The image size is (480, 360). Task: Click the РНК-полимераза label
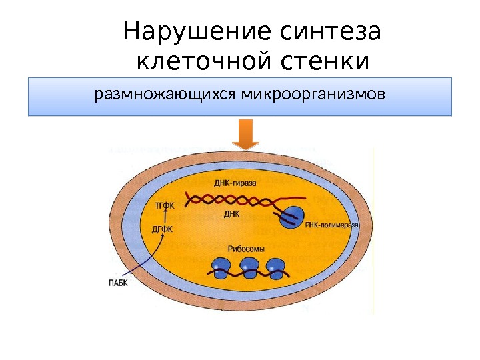point(332,226)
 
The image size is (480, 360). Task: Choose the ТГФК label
point(164,205)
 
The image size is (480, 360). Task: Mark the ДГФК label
point(163,230)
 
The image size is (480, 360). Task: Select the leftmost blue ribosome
point(221,267)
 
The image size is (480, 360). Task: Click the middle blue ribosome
point(248,267)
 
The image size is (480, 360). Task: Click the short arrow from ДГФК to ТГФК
point(163,218)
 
